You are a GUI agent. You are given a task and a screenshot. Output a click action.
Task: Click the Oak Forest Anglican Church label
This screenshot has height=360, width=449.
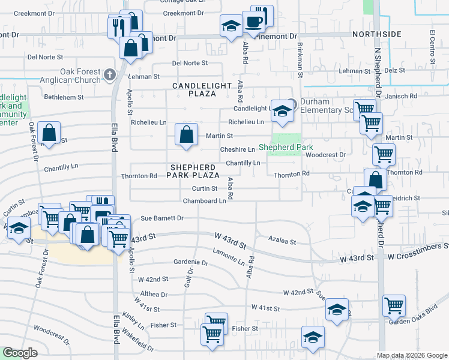[67, 76]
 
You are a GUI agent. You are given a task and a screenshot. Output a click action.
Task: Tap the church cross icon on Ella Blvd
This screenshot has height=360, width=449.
[109, 74]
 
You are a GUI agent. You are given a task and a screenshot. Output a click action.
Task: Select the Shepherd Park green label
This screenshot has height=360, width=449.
[282, 147]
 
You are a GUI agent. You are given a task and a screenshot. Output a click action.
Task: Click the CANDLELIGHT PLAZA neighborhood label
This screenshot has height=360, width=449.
[202, 89]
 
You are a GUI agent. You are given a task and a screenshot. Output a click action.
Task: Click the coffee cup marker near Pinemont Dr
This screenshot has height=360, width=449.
[253, 22]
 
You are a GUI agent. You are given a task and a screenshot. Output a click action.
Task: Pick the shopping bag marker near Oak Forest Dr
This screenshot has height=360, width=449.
[49, 133]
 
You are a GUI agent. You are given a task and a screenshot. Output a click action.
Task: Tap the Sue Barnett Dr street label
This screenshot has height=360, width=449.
[161, 218]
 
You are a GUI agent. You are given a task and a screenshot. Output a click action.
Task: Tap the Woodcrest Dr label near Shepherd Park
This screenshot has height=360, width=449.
[325, 154]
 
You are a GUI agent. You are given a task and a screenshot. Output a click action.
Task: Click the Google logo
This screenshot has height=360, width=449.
[20, 353]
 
